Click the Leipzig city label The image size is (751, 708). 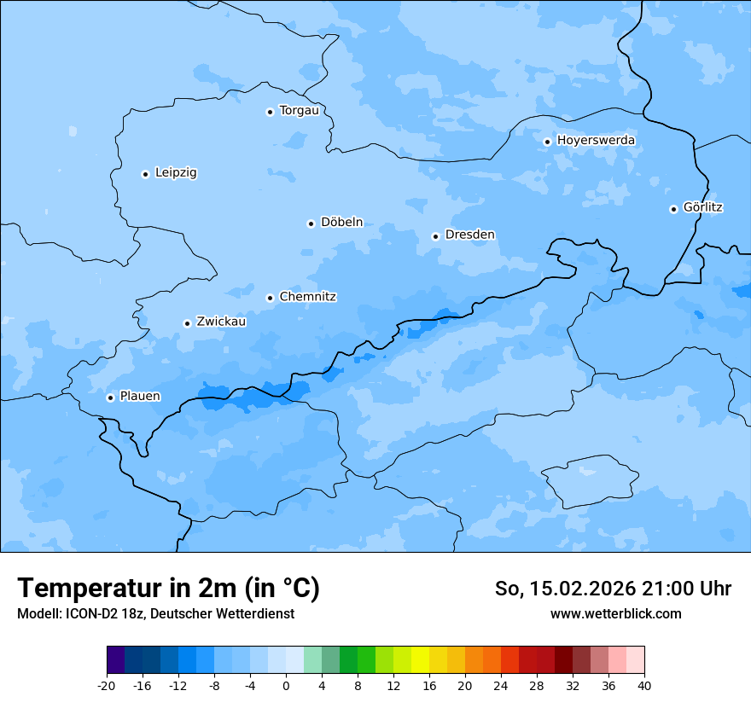point(176,172)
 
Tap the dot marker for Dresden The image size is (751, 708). point(435,236)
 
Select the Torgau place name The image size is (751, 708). point(299,110)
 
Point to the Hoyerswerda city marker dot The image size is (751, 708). point(547,142)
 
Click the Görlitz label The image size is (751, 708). point(703,207)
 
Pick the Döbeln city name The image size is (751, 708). point(341,222)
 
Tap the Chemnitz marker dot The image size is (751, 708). point(270,298)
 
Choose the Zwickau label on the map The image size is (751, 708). point(221,322)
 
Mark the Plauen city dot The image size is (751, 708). point(110,398)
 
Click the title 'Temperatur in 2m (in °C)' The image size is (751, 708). point(168,589)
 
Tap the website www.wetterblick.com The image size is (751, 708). point(615,613)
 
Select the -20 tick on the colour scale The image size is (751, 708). point(107,685)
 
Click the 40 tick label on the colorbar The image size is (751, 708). point(644,685)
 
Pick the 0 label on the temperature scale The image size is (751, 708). point(286,685)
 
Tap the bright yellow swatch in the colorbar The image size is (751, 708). point(420,660)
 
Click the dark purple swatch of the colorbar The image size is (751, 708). point(116,660)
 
